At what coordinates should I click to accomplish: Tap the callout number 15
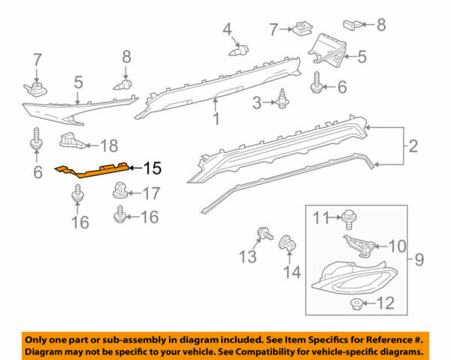(x=153, y=169)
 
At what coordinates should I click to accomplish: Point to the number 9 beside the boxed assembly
(x=419, y=261)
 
